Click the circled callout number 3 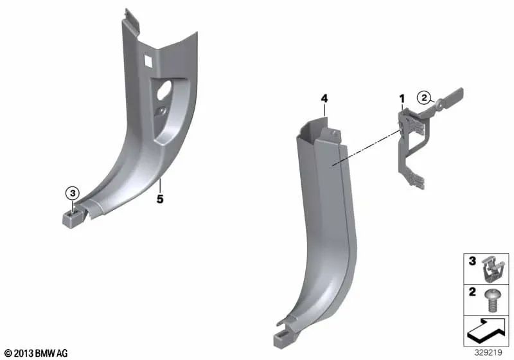coord(73,194)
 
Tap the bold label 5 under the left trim coord(159,199)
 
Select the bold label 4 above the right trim coord(324,98)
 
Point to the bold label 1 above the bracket coord(402,98)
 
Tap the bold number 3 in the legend coord(472,261)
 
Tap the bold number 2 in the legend coord(472,292)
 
